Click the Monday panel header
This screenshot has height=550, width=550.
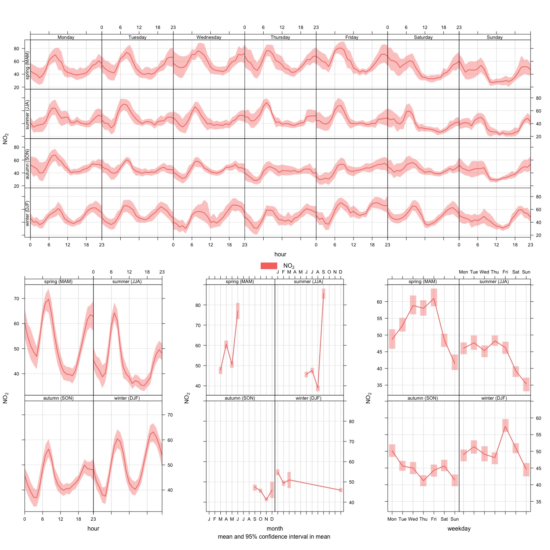(x=66, y=37)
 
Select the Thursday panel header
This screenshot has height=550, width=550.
(x=280, y=37)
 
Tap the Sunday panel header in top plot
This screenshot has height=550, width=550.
(x=495, y=37)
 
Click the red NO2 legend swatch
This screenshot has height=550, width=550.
(x=269, y=266)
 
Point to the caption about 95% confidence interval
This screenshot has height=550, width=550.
(x=274, y=537)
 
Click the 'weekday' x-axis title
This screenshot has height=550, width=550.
(x=459, y=528)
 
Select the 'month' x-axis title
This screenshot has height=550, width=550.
(x=275, y=528)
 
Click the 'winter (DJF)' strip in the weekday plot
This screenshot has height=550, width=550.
(x=494, y=398)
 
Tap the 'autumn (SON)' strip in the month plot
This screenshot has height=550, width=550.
(x=240, y=398)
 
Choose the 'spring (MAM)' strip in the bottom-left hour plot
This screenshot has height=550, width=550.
(x=58, y=282)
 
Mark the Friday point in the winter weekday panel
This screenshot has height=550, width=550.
(x=505, y=426)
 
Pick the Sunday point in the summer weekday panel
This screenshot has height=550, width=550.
(x=526, y=384)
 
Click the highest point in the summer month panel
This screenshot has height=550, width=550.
(x=323, y=293)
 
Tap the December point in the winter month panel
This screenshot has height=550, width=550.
(x=341, y=490)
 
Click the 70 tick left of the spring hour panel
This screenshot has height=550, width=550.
(x=16, y=298)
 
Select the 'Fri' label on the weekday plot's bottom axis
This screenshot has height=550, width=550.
(x=434, y=519)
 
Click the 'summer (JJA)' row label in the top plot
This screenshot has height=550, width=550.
(x=27, y=114)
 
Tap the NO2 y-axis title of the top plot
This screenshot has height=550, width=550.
(x=5, y=139)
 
